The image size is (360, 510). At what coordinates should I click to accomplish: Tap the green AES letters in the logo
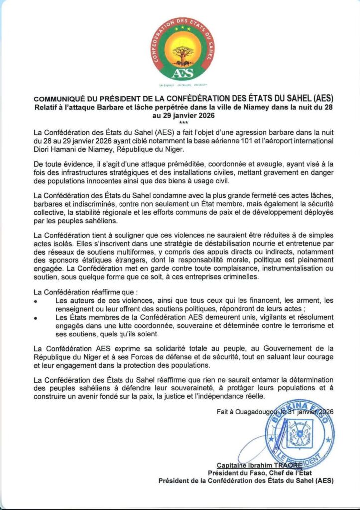point(180,73)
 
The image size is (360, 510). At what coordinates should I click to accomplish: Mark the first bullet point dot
point(35,301)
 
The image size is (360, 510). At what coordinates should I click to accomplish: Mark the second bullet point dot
point(35,318)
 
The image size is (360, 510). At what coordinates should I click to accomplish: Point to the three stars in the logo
point(181,28)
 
